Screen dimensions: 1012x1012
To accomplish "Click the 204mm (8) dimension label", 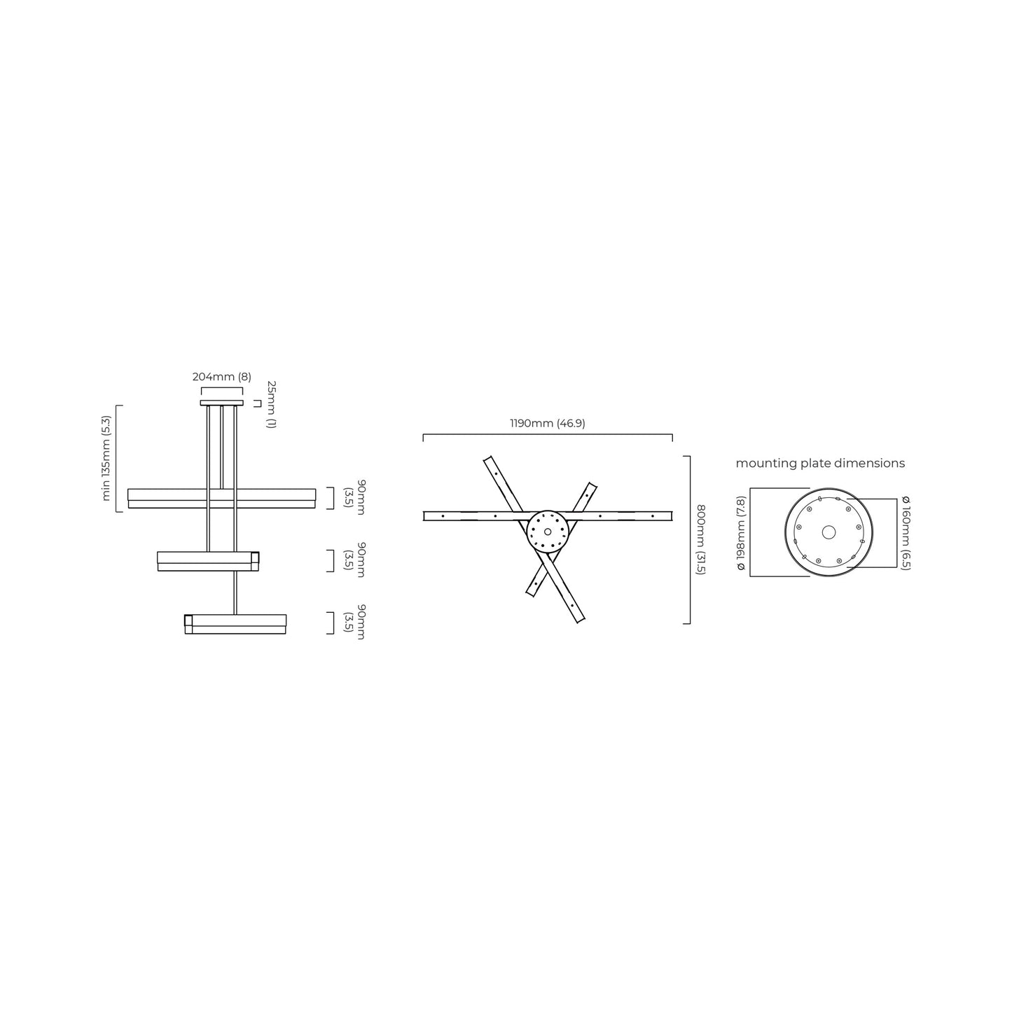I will pos(221,377).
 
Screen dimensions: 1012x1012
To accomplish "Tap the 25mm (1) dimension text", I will pos(272,405).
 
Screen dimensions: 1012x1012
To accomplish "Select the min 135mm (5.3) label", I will pos(106,458).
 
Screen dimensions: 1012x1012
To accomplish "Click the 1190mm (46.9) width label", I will pos(547,424).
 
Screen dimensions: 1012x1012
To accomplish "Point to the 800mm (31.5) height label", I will pos(701,540).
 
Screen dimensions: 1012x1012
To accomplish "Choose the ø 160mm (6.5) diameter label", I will pos(906,533).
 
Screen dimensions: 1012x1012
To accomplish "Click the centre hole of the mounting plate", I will pos(829,532).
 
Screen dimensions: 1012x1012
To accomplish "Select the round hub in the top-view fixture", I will pos(547,529).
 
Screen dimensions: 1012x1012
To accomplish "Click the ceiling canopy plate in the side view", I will pos(221,403).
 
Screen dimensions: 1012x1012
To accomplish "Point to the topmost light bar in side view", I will pos(221,498).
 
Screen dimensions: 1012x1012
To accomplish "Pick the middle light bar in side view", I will pos(207,560).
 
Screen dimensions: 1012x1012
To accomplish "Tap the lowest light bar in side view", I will pos(235,624).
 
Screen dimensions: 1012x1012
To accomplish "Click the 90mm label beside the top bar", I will pos(355,498).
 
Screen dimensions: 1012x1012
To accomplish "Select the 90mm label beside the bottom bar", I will pos(355,623).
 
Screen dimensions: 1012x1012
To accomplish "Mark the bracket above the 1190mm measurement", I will pos(547,435).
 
